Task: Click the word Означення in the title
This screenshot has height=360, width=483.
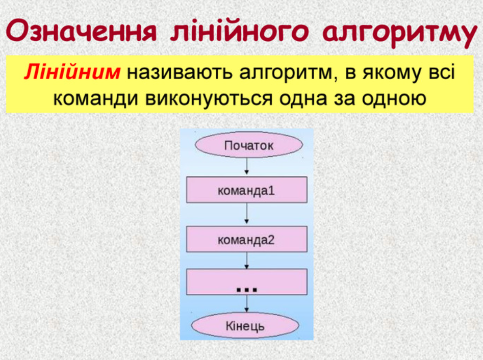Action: click(82, 31)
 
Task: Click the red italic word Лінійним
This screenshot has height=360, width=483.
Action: click(72, 72)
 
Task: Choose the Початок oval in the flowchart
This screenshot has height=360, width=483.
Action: click(249, 145)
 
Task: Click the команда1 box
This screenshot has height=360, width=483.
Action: click(246, 190)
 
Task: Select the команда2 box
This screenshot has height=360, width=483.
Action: click(246, 239)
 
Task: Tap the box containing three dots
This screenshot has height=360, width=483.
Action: click(246, 282)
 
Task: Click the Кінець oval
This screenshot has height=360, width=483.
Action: click(245, 325)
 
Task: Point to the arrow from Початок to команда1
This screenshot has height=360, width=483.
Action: click(246, 167)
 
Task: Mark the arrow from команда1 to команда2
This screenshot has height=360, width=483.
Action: click(246, 214)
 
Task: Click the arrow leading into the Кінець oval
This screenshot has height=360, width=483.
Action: click(246, 304)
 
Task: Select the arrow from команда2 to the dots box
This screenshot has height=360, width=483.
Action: click(246, 261)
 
